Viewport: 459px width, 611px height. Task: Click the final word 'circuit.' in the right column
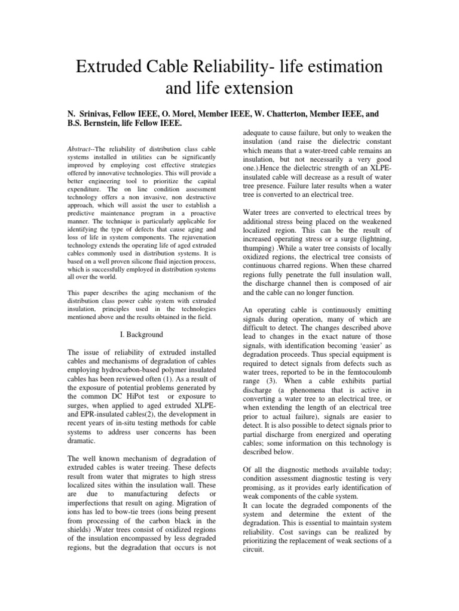pyautogui.click(x=255, y=550)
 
